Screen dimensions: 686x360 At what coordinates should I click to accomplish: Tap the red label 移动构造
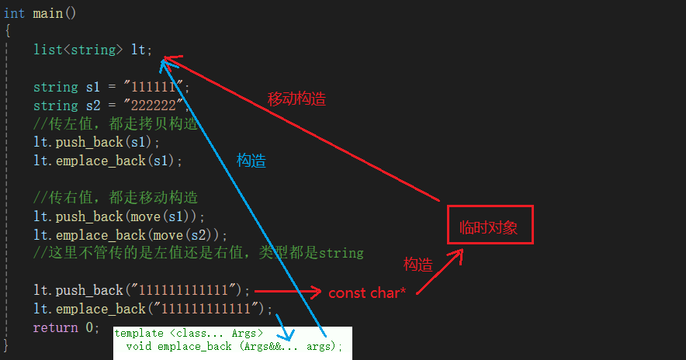coord(296,99)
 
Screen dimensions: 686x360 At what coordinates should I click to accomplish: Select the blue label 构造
coord(251,161)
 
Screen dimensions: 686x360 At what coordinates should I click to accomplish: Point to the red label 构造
coord(417,265)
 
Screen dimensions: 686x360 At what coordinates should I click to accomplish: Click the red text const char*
coord(367,292)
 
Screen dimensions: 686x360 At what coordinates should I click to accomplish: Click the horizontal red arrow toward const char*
coord(287,292)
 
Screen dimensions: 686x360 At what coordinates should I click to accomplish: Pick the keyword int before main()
coord(14,13)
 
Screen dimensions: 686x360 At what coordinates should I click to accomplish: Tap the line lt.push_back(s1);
coord(96,142)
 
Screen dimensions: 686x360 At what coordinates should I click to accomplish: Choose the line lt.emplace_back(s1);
coord(107,161)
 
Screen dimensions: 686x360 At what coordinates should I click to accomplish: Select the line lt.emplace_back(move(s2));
coord(130,235)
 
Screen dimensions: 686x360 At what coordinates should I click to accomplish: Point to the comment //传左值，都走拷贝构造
coord(116,124)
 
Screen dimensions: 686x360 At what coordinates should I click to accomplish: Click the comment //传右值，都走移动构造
coord(116,198)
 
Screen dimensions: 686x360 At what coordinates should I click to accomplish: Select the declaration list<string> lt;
coord(93,50)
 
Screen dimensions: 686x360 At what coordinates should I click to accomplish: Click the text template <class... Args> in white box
coord(189,334)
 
